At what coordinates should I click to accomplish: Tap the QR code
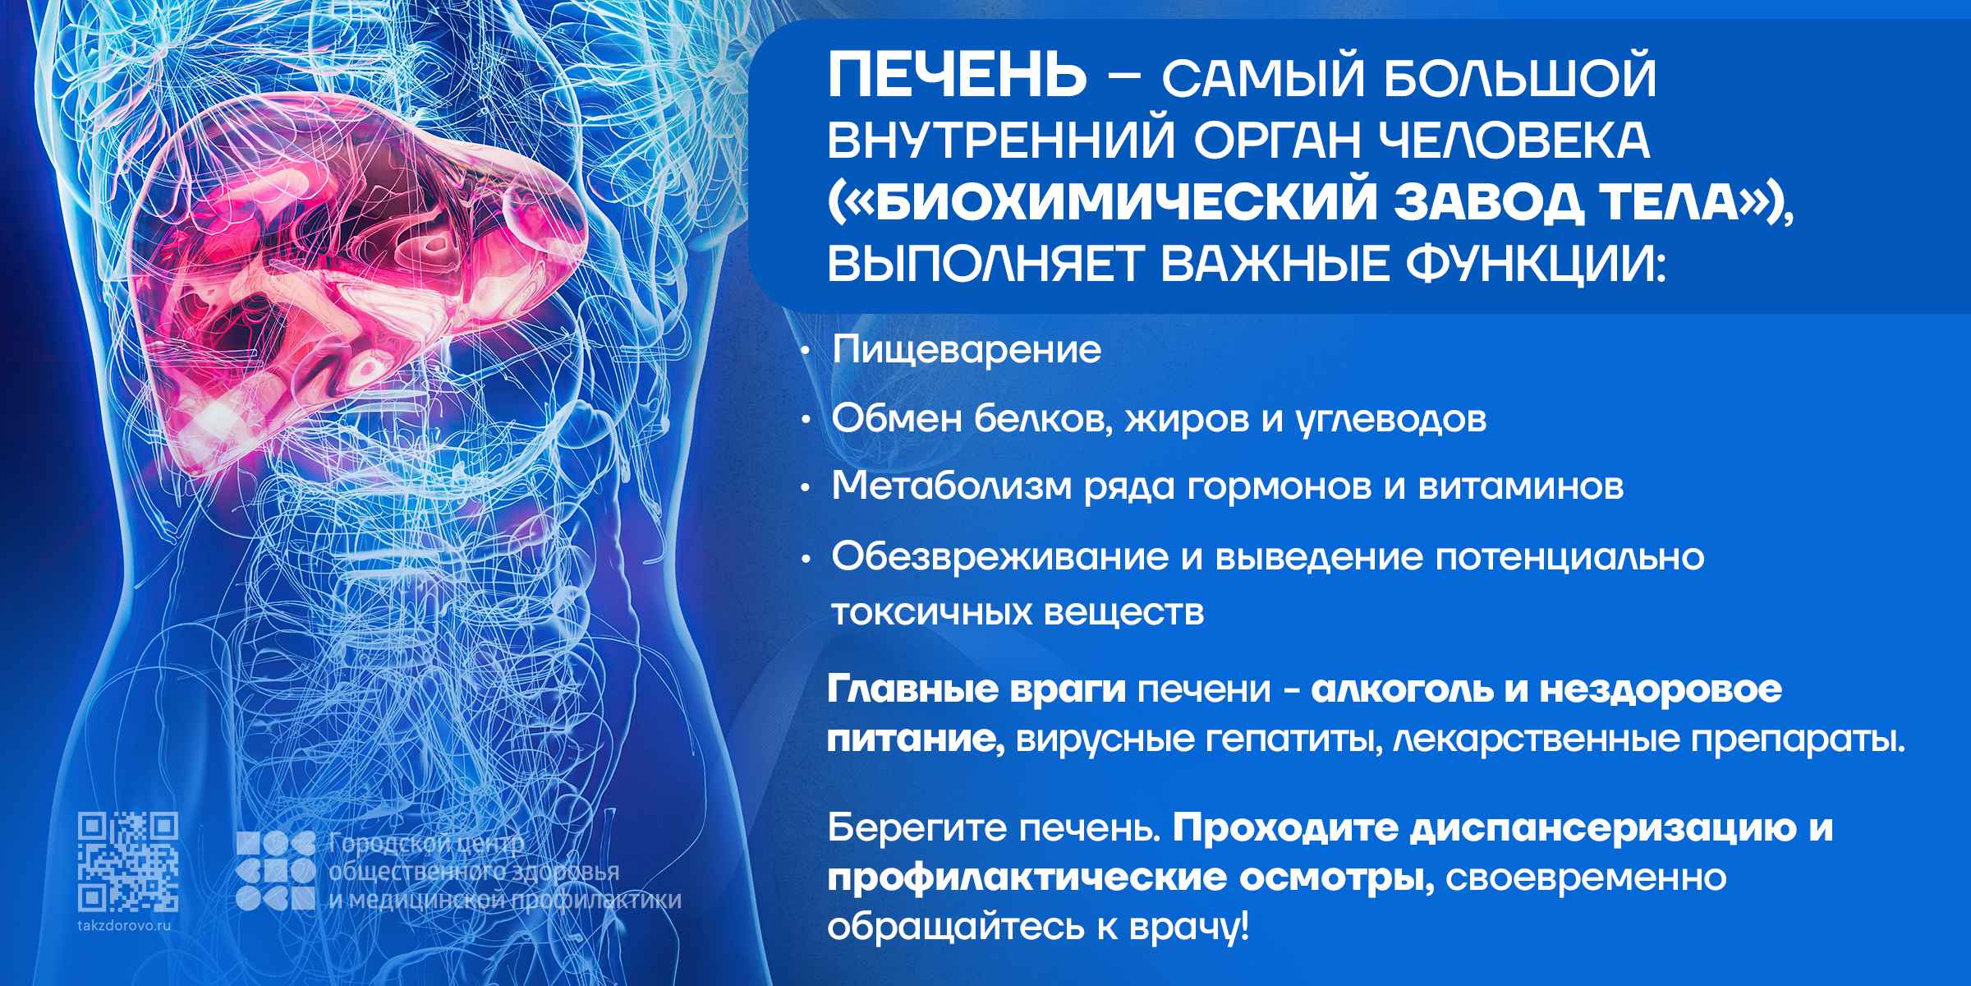click(128, 862)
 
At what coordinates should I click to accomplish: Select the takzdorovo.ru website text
click(128, 924)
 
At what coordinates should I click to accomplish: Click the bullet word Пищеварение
click(967, 351)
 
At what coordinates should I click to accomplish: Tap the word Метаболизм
click(953, 486)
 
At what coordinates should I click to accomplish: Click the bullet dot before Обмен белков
click(806, 421)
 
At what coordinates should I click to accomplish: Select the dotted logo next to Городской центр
click(275, 871)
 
